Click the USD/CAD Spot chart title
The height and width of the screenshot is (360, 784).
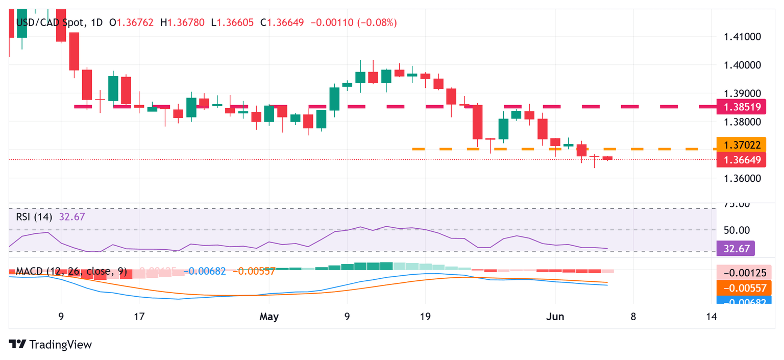pyautogui.click(x=52, y=22)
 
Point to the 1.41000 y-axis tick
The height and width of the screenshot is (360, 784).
pyautogui.click(x=743, y=37)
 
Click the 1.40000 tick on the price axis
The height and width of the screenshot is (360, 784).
pyautogui.click(x=743, y=65)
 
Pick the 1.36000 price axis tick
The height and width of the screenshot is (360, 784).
pyautogui.click(x=743, y=178)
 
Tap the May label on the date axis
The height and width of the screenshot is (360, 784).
pyautogui.click(x=268, y=317)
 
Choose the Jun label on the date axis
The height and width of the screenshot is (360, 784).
pyautogui.click(x=555, y=317)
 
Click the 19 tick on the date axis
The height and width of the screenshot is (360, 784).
pyautogui.click(x=425, y=317)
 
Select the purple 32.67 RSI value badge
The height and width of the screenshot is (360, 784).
pyautogui.click(x=736, y=249)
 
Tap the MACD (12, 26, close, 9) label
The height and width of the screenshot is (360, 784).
pyautogui.click(x=71, y=271)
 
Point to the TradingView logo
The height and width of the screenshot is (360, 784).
pyautogui.click(x=51, y=345)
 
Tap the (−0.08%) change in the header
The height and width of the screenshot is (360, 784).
pyautogui.click(x=378, y=22)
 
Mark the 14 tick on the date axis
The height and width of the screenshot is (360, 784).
pyautogui.click(x=712, y=317)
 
